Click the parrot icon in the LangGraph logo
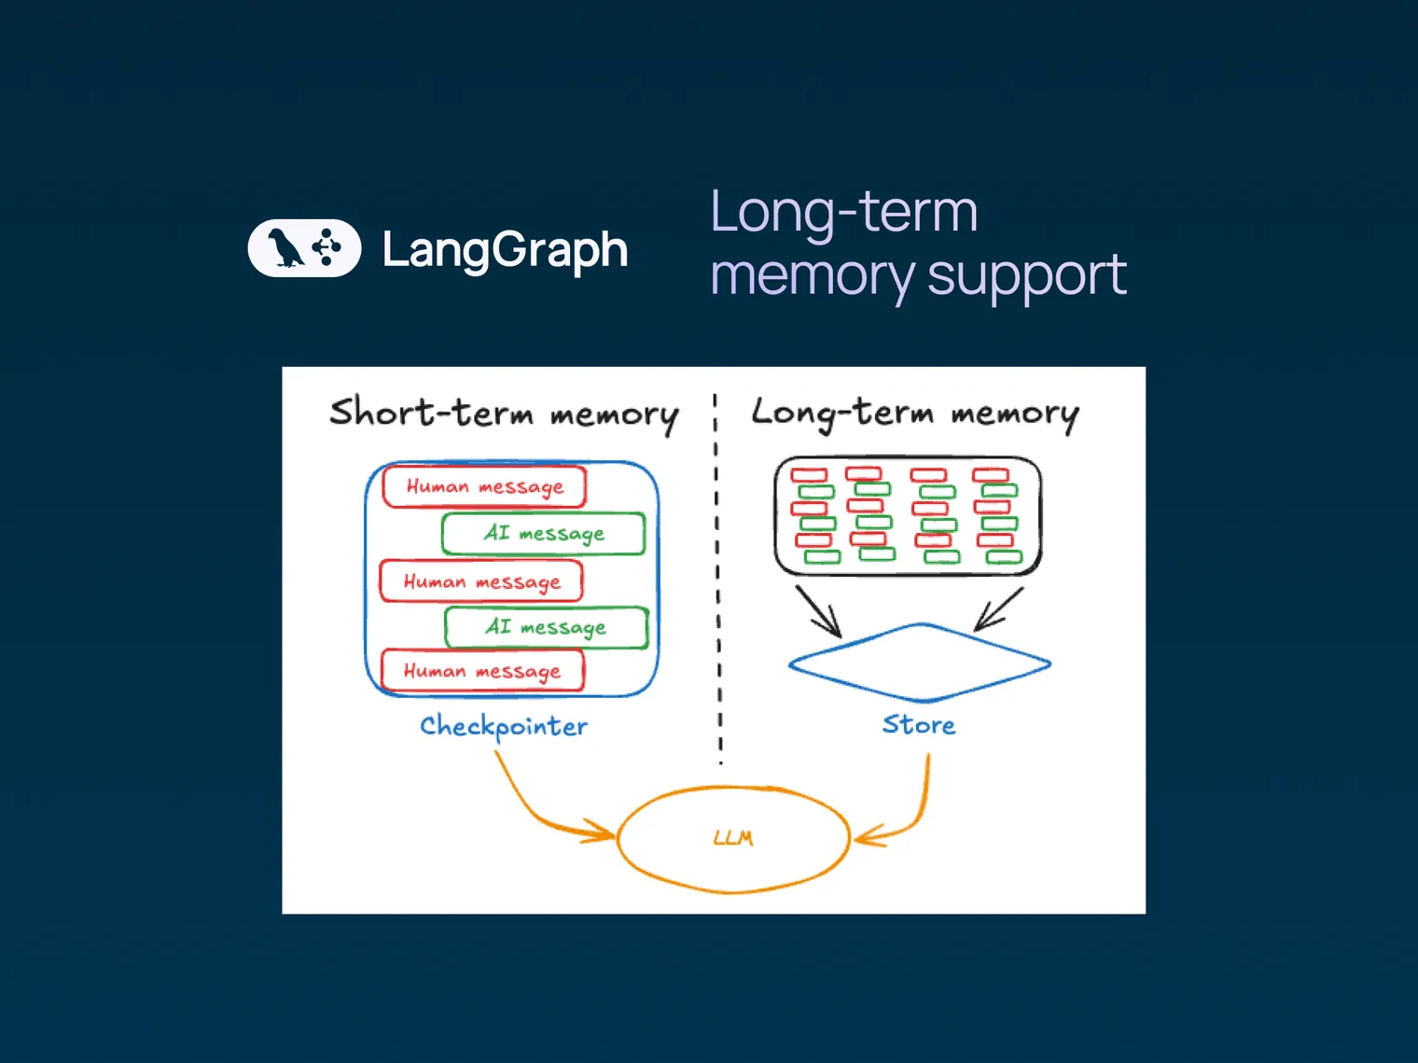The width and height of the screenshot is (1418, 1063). (x=285, y=248)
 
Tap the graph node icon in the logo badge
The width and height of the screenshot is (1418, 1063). (x=327, y=247)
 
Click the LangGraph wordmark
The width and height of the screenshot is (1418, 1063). (x=505, y=250)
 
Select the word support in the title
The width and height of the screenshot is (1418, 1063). (x=1026, y=276)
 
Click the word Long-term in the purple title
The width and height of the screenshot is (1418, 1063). (x=843, y=212)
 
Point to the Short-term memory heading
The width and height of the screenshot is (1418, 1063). (x=504, y=413)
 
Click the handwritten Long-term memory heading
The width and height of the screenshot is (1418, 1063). (x=914, y=413)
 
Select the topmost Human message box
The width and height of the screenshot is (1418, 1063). (x=484, y=486)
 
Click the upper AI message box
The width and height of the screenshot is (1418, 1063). (x=544, y=533)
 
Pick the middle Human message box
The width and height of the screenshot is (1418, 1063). (x=481, y=581)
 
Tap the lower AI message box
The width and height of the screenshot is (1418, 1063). (x=546, y=627)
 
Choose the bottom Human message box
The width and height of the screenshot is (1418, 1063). (x=482, y=671)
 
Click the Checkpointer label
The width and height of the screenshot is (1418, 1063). (x=504, y=726)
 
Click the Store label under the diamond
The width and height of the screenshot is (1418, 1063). (x=919, y=725)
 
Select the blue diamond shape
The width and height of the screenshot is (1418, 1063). (x=920, y=663)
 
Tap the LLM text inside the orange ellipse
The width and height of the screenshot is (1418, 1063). (x=733, y=838)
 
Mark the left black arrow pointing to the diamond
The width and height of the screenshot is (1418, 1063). (x=818, y=612)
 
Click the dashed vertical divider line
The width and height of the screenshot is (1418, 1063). (x=717, y=579)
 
